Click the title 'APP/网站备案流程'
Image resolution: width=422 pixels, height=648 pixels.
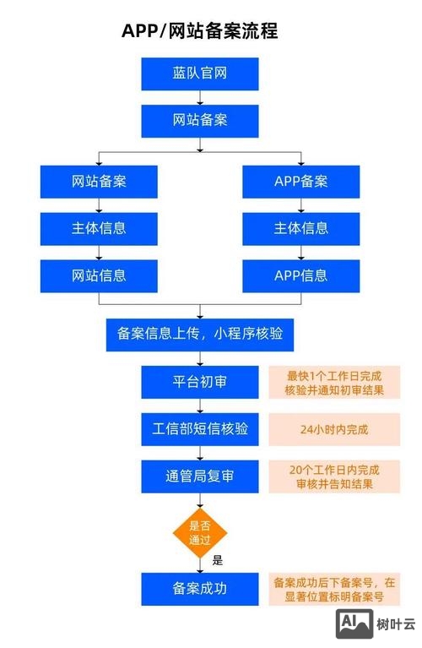[x=200, y=31]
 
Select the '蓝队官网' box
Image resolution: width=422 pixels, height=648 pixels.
[x=199, y=74]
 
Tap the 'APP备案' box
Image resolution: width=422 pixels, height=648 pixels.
[x=300, y=181]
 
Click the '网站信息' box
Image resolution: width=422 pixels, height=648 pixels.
[x=99, y=275]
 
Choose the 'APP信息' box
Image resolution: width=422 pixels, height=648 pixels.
[x=300, y=275]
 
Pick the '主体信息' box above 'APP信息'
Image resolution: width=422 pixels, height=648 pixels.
[x=300, y=228]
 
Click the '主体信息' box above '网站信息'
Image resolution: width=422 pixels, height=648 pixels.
[x=99, y=228]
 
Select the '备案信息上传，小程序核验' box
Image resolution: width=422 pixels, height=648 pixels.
[x=199, y=335]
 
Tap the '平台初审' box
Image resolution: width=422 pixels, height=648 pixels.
[x=199, y=382]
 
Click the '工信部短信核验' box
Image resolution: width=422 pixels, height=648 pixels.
[x=199, y=429]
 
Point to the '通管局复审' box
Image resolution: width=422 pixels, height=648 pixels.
[x=199, y=476]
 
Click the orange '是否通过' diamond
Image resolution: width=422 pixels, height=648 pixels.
[x=199, y=532]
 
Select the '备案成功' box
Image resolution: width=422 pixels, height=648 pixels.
[x=199, y=588]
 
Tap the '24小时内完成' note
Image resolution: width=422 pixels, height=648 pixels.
[x=333, y=429]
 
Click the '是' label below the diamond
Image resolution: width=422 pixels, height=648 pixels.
[x=217, y=559]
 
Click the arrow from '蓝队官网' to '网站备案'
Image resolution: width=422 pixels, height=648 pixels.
[x=199, y=98]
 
